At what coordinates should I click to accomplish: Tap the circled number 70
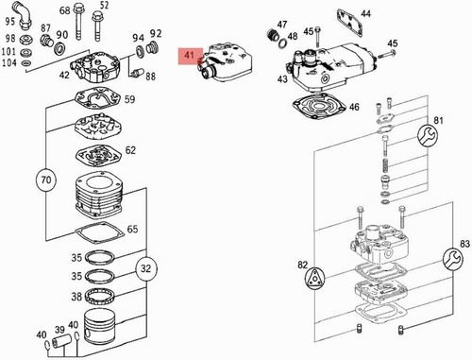pos(46,180)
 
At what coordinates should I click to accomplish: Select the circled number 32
pos(146,268)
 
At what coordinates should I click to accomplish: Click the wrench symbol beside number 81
pos(428,136)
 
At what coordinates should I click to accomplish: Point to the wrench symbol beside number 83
pos(453,259)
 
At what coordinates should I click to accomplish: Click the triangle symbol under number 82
pos(314,278)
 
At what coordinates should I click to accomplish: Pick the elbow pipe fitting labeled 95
pos(23,15)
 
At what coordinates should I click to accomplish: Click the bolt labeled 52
pos(97,27)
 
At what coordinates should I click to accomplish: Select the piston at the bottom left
pos(99,326)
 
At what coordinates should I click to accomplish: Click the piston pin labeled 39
pos(59,341)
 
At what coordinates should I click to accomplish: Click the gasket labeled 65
pos(98,232)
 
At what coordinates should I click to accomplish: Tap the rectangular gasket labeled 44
pos(349,23)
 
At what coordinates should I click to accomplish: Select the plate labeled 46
pos(319,107)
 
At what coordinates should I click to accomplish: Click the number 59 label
pos(129,99)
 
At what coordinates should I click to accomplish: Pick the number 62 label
pos(130,150)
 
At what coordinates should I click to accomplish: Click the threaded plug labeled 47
pos(272,35)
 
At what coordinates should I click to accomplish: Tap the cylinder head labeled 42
pos(95,67)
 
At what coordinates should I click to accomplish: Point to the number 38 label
pos(76,297)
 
